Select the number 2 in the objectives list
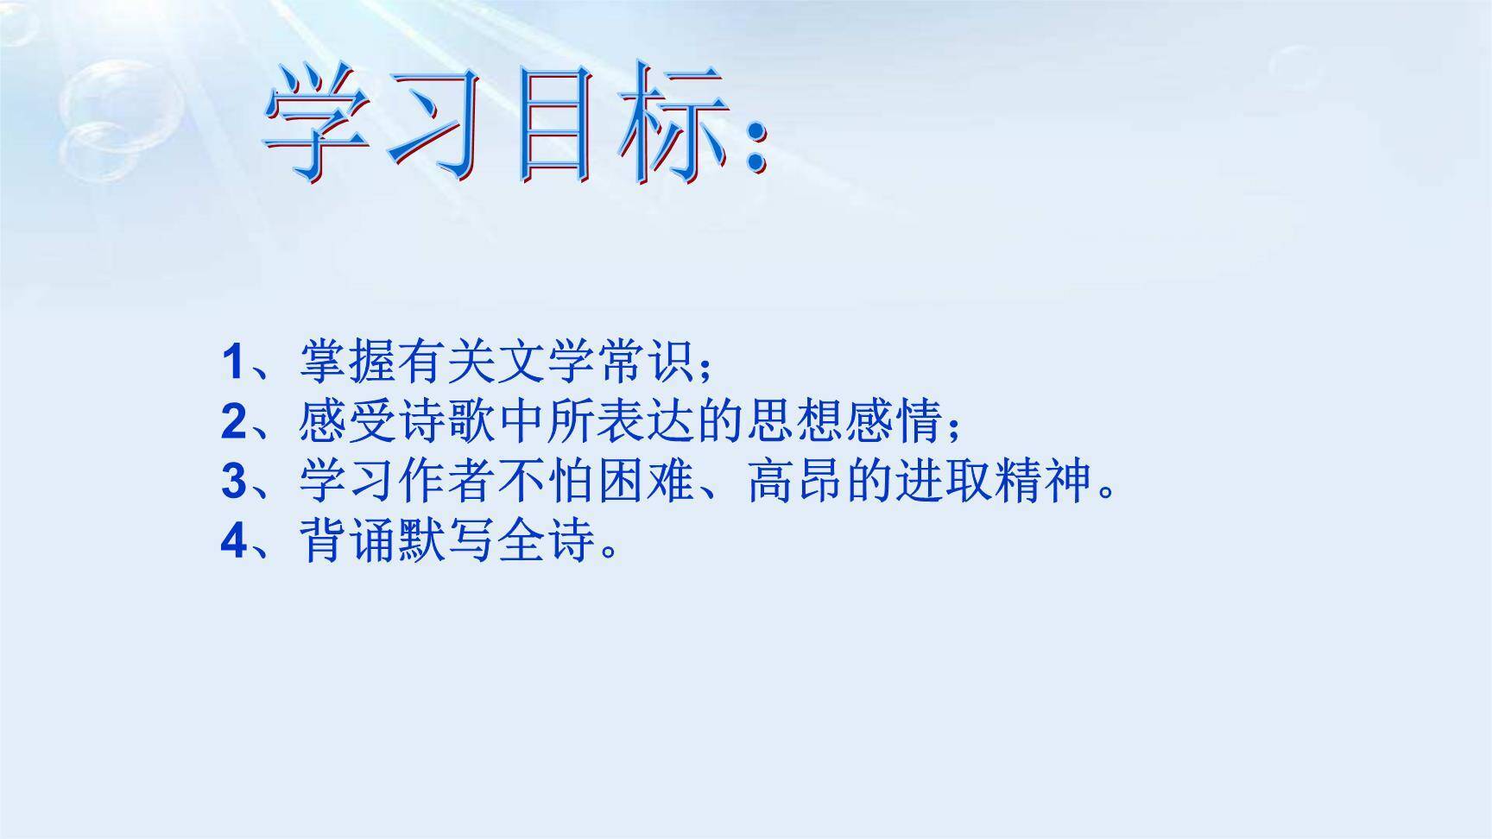click(x=234, y=422)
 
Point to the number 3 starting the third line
click(x=234, y=482)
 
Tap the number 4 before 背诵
click(x=234, y=541)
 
